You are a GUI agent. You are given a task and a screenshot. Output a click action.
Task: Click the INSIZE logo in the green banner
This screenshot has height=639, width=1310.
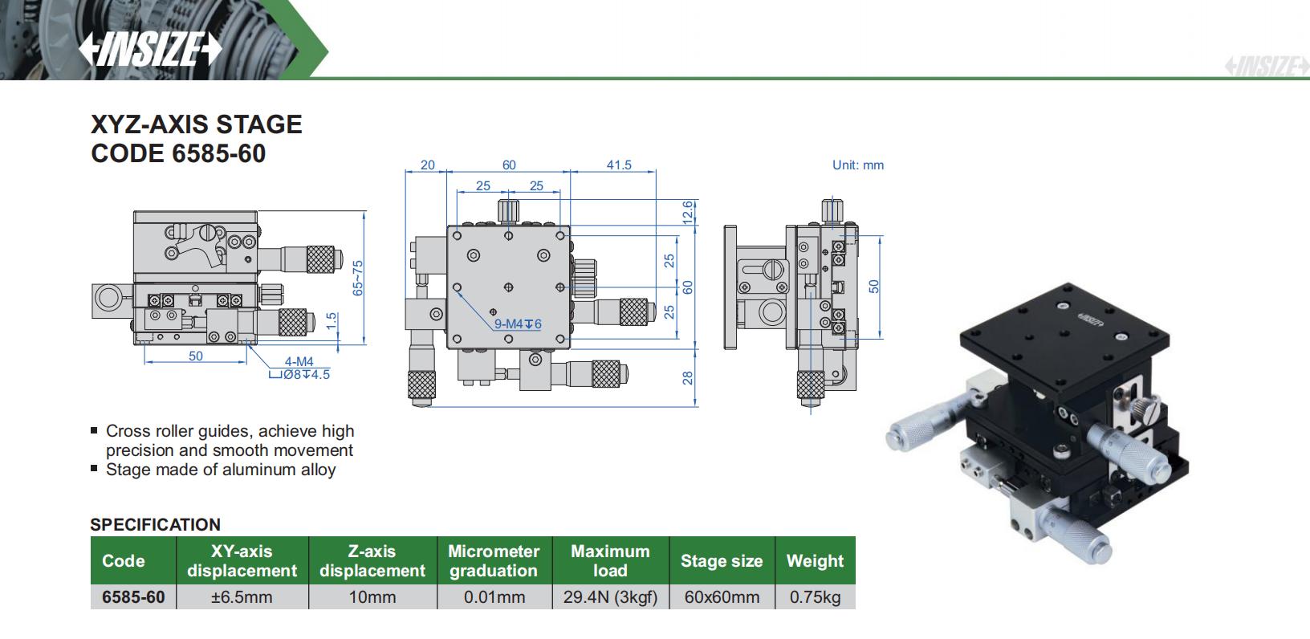pos(149,49)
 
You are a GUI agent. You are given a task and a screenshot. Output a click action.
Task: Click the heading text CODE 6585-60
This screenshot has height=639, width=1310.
pos(178,153)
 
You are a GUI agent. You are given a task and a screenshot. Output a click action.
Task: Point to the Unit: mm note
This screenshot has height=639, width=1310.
pos(857,165)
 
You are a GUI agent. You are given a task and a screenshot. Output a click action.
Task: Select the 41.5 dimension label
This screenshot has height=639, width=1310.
pos(618,165)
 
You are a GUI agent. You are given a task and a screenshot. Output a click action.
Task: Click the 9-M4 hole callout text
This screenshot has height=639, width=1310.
pos(518,324)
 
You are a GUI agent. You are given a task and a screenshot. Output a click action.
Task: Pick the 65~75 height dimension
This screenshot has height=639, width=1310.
pos(358,276)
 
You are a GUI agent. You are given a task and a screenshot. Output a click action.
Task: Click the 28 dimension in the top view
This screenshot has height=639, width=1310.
pos(688,377)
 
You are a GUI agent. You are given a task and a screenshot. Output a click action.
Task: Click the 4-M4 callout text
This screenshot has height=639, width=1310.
pos(299,361)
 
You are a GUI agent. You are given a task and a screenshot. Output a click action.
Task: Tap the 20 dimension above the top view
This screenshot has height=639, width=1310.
pos(427,165)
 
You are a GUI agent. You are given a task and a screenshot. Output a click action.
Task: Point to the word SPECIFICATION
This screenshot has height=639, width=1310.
pos(155,524)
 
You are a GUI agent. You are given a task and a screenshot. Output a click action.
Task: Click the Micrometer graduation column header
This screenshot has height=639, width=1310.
pos(493,560)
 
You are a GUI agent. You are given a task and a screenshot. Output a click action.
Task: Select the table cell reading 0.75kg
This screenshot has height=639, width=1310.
pos(815,597)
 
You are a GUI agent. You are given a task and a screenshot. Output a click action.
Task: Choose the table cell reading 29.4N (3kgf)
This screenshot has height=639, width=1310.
pos(610,597)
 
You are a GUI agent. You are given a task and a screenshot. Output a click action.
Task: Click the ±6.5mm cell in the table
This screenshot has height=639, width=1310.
pos(242,597)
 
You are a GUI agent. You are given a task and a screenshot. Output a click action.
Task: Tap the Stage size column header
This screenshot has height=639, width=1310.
pos(721,561)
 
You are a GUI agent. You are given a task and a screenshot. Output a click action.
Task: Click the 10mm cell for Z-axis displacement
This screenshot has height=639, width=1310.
pos(372,597)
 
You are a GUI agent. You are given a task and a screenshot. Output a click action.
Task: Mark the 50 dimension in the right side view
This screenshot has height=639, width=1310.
pos(874,285)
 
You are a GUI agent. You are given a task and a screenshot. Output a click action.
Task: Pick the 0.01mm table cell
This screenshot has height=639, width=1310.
pos(494,597)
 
